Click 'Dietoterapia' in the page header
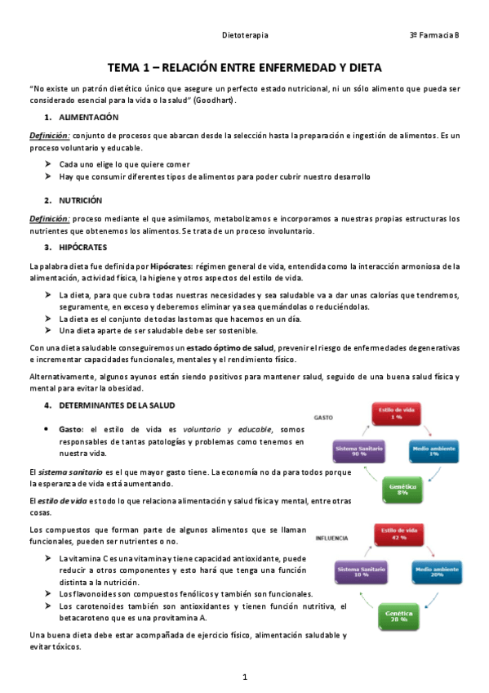click(x=245, y=36)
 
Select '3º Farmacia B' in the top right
click(x=434, y=36)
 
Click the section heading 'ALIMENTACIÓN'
click(x=89, y=118)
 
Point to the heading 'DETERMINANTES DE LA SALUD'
click(x=117, y=405)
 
